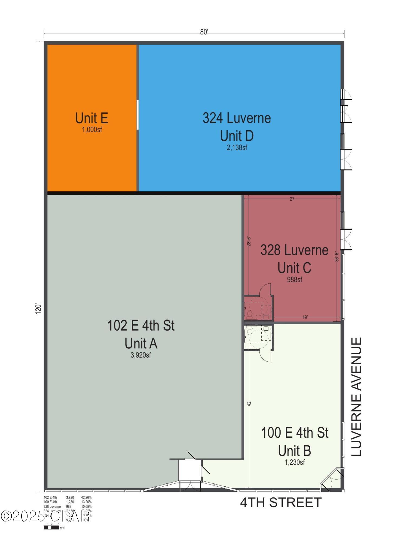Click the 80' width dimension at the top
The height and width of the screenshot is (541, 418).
point(204,32)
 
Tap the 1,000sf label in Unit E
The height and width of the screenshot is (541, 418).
point(92,130)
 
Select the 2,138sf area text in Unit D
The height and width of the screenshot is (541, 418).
point(237,148)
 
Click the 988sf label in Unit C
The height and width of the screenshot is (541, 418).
point(294,279)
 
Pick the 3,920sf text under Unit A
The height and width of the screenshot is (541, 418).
point(141,355)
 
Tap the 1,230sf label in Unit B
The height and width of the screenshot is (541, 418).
point(295,462)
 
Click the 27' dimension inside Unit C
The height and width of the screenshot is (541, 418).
point(292,199)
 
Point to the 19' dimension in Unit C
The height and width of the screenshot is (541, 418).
point(305,317)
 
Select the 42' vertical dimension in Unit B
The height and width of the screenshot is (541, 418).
point(249,403)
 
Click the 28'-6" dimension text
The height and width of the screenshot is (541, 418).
point(249,242)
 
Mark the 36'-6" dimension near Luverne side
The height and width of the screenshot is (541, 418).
point(337,256)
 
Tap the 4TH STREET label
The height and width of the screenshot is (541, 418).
point(281,503)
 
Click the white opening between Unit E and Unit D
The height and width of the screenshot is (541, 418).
point(137,115)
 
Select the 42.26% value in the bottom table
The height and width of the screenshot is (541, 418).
point(86,497)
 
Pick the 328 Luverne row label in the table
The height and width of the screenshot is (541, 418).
point(52,507)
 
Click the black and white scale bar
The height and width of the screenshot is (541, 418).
point(51,527)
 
